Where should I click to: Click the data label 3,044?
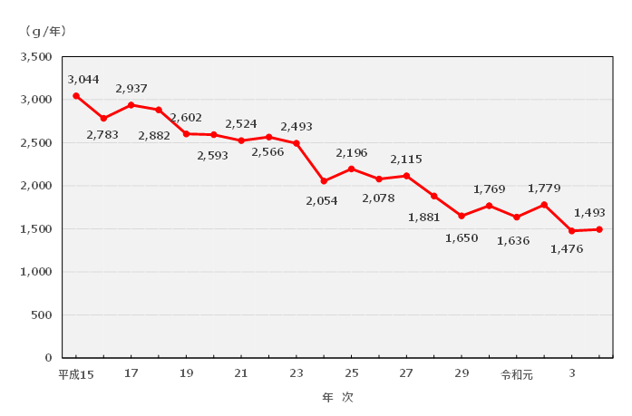pyautogui.click(x=83, y=80)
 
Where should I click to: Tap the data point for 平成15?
pyautogui.click(x=76, y=96)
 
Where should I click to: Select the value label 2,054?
pyautogui.click(x=322, y=200)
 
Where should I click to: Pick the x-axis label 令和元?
pyautogui.click(x=516, y=373)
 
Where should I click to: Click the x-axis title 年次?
pyautogui.click(x=337, y=397)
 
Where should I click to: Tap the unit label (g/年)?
pyautogui.click(x=45, y=32)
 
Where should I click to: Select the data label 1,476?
pyautogui.click(x=567, y=248)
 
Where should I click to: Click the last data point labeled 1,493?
pyautogui.click(x=599, y=229)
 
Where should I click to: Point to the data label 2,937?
pyautogui.click(x=131, y=89)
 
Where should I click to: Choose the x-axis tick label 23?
pyautogui.click(x=297, y=373)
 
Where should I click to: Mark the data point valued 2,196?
pyautogui.click(x=351, y=169)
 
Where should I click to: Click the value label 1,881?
pyautogui.click(x=423, y=217)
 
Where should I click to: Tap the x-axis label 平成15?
pyautogui.click(x=76, y=373)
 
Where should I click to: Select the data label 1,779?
pyautogui.click(x=544, y=189)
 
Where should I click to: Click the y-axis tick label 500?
pyautogui.click(x=40, y=314)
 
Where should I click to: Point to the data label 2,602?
pyautogui.click(x=186, y=118)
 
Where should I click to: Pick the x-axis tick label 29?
pyautogui.click(x=462, y=373)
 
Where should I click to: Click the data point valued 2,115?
pyautogui.click(x=406, y=176)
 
